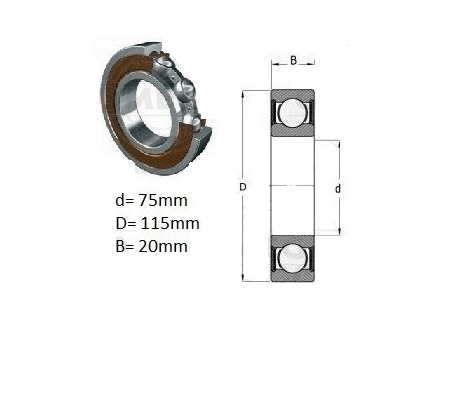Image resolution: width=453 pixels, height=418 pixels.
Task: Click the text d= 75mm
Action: pyautogui.click(x=151, y=201)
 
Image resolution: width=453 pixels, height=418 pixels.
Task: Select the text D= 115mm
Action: pyautogui.click(x=157, y=223)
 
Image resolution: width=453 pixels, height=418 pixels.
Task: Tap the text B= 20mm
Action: pyautogui.click(x=151, y=246)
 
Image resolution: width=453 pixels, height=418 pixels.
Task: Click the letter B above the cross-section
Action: pyautogui.click(x=293, y=60)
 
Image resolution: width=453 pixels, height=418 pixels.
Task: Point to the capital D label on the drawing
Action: pyautogui.click(x=243, y=187)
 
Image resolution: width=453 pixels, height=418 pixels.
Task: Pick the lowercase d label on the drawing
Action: pyautogui.click(x=338, y=189)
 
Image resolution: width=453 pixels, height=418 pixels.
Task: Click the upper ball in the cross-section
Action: pyautogui.click(x=292, y=113)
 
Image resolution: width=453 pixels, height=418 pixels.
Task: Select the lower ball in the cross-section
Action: pyautogui.click(x=292, y=258)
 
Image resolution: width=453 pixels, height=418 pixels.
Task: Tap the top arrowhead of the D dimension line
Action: pyautogui.click(x=243, y=94)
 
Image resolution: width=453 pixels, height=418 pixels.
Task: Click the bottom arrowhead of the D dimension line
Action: pyautogui.click(x=243, y=278)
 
